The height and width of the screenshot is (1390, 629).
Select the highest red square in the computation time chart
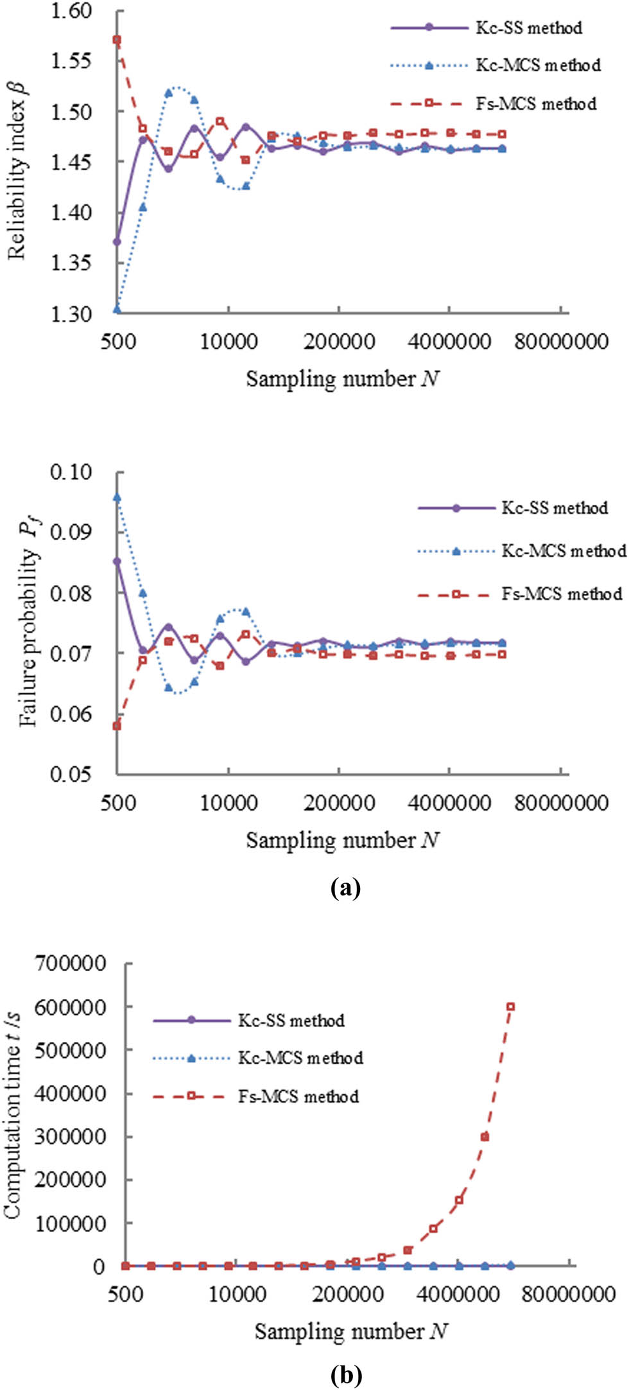511,1007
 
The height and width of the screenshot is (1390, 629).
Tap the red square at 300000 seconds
485,1136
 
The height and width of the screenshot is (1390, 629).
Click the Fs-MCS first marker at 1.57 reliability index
117,40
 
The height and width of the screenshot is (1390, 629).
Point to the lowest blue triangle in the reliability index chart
117,310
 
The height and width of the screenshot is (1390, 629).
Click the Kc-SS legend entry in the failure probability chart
513,508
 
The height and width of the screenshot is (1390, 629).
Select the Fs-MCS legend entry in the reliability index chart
494,103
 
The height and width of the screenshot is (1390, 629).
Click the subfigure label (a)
345,889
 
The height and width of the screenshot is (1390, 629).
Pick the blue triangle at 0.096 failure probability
117,497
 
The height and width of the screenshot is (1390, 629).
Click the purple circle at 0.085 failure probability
117,561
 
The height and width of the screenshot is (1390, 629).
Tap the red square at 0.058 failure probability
117,726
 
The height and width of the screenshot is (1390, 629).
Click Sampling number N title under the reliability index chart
343,379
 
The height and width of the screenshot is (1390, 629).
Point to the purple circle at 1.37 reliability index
117,242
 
